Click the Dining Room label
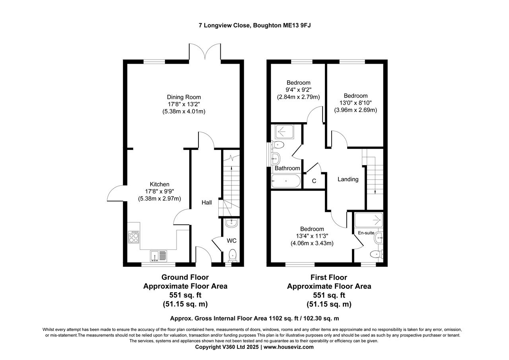coord(184,97)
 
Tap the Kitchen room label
coord(159,184)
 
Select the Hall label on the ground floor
coord(206,202)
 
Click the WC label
coord(231,241)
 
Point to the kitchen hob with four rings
coord(134,237)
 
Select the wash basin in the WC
coord(231,223)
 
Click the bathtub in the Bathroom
coord(286,181)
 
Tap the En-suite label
coord(366,233)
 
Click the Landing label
coord(348,179)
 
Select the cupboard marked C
coord(314,181)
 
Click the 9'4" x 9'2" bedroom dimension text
coord(298,90)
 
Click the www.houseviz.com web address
coord(288,347)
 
